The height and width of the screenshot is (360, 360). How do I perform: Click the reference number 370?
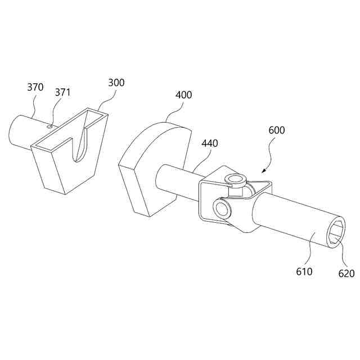point(35,87)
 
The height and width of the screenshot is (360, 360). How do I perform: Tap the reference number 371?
point(62,92)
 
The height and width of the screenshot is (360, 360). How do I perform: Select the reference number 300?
point(116,83)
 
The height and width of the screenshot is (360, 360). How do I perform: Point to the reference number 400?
point(183,94)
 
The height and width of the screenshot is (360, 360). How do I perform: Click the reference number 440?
point(209,143)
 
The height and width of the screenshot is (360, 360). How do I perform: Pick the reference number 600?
point(276,130)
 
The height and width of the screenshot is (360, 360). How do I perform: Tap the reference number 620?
point(346,273)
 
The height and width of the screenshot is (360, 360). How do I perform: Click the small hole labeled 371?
point(50,127)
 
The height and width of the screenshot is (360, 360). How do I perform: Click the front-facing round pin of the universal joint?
point(221,209)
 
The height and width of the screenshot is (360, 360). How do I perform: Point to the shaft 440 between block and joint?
point(175,180)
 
